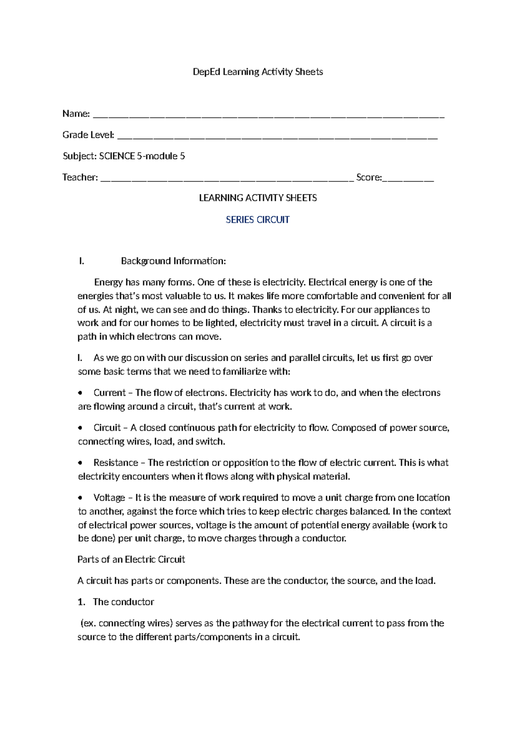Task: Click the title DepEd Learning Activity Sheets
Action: pyautogui.click(x=258, y=72)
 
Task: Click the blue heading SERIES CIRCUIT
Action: pyautogui.click(x=258, y=220)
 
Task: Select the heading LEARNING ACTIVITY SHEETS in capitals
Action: pyautogui.click(x=258, y=198)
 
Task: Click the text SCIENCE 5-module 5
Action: pyautogui.click(x=142, y=156)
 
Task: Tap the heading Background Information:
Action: pyautogui.click(x=173, y=261)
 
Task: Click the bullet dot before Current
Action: pyautogui.click(x=80, y=393)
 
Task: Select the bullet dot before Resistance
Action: pyautogui.click(x=80, y=463)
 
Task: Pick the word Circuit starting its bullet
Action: pyautogui.click(x=107, y=427)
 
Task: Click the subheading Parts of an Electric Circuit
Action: pyautogui.click(x=131, y=559)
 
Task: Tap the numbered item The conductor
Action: pyautogui.click(x=123, y=602)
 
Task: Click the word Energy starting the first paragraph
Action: pyautogui.click(x=109, y=282)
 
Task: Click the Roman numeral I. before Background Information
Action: pyautogui.click(x=81, y=261)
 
